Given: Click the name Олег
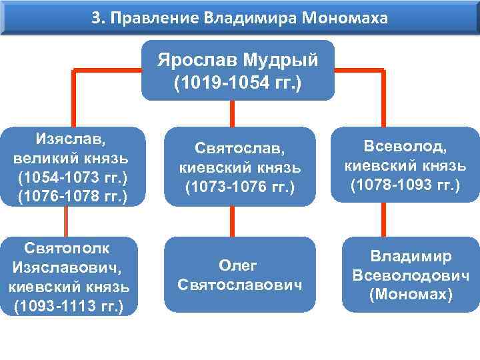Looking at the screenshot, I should coord(239,265).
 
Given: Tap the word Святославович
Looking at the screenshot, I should coord(239,285).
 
